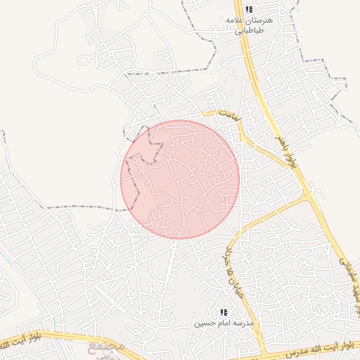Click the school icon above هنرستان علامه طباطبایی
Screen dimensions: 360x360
click(249, 9)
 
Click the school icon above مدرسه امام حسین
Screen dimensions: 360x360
click(224, 312)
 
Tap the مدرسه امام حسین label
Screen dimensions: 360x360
click(224, 323)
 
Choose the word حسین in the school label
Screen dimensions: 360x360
click(206, 323)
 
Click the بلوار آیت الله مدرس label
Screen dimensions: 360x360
click(314, 351)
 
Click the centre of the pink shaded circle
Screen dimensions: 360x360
click(180, 179)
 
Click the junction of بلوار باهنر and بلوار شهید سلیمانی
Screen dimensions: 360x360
click(307, 194)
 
